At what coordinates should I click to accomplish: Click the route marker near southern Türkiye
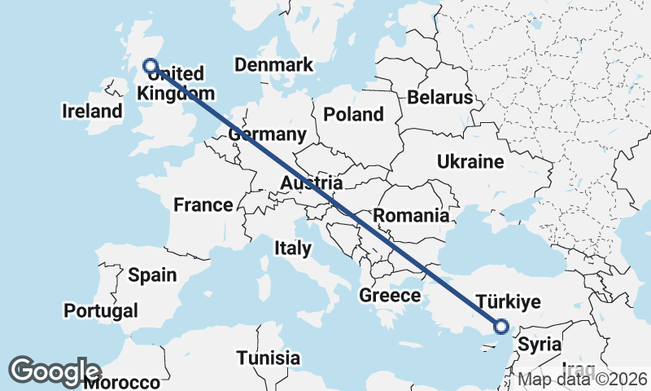pos(500,327)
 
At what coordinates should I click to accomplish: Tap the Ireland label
pos(91,111)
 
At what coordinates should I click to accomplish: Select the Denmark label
pos(273,65)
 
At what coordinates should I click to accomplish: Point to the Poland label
pos(353,114)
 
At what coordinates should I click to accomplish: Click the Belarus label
pos(440,98)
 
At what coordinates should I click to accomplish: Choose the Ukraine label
pos(470,161)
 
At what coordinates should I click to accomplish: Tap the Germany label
pos(268,134)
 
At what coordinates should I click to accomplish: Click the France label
pos(203,204)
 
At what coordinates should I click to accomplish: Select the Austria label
pos(311,183)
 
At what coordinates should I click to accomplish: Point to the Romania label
pos(411,216)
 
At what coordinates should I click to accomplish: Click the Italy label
pos(292,248)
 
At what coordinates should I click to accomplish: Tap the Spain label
pos(152,275)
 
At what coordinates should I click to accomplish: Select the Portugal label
pos(101,310)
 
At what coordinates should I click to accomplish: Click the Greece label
pos(390,295)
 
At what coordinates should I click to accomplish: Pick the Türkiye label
pos(508,302)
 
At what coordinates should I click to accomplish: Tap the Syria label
pos(540,344)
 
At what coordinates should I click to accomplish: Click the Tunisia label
pos(269,358)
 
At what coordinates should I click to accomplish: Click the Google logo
pos(55,371)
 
